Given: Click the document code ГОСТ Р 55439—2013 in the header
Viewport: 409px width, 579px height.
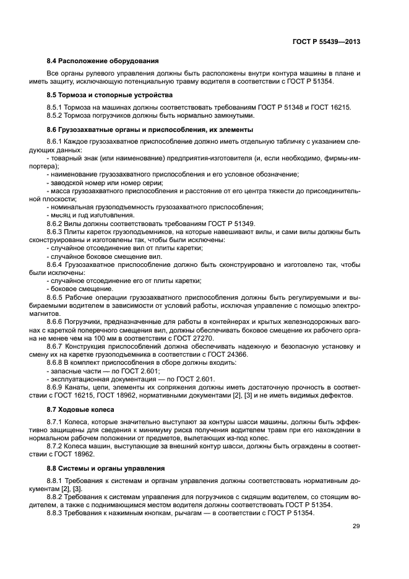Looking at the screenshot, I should [x=327, y=41].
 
